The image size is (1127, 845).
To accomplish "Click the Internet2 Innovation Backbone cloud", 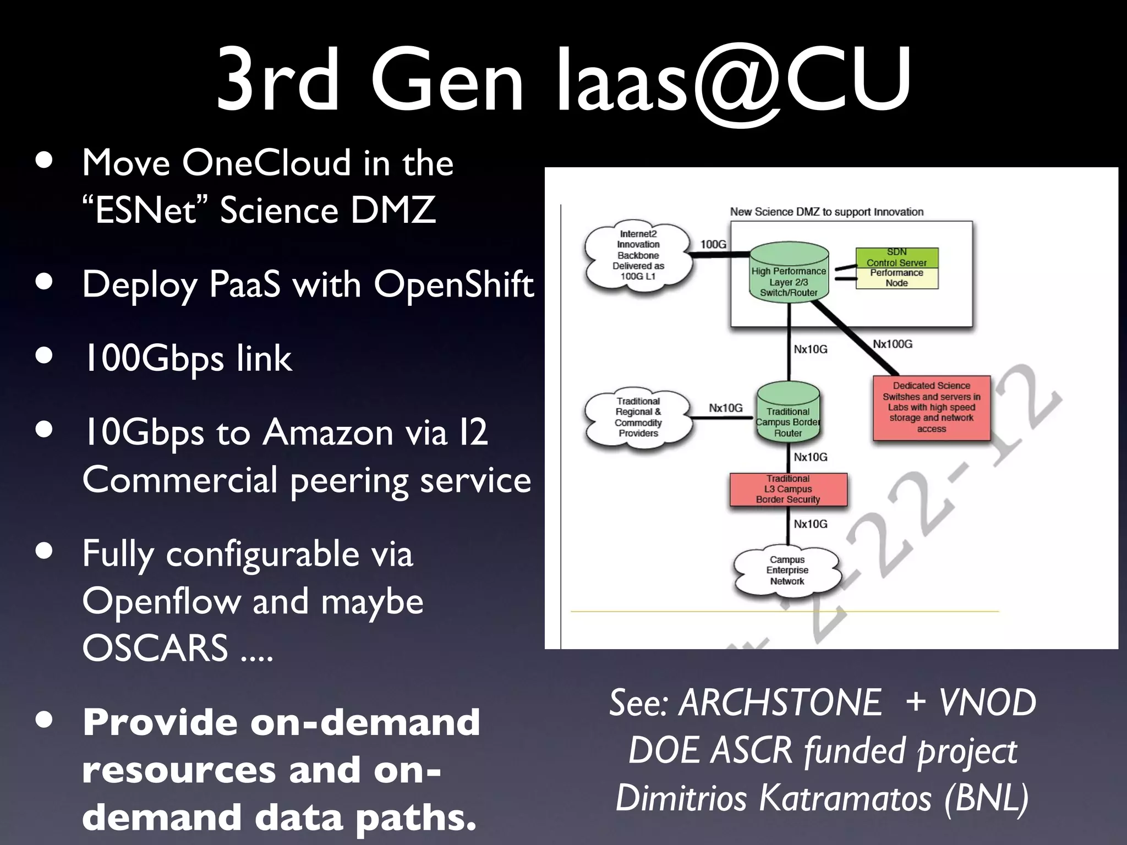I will pyautogui.click(x=638, y=255).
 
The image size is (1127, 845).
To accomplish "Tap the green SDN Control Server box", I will pyautogui.click(x=896, y=257).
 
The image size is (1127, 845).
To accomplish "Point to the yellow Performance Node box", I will pyautogui.click(x=896, y=278).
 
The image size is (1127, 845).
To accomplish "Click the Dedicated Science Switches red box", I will pyautogui.click(x=931, y=407).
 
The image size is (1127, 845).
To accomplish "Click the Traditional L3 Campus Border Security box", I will pyautogui.click(x=788, y=489).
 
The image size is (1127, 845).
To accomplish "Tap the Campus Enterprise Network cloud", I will pyautogui.click(x=787, y=570).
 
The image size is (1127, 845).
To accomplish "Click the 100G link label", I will pyautogui.click(x=713, y=244).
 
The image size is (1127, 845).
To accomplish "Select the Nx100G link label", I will pyautogui.click(x=892, y=344).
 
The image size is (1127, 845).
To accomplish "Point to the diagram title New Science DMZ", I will pyautogui.click(x=826, y=212).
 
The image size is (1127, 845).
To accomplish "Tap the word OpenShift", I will pyautogui.click(x=453, y=285).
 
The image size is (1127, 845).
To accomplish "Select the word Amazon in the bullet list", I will pyautogui.click(x=328, y=432).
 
